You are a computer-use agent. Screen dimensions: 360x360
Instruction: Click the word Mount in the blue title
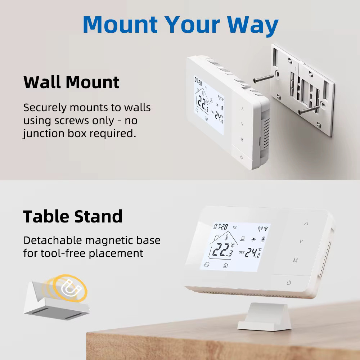click(120, 24)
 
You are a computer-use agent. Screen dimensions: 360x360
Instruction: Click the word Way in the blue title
click(253, 26)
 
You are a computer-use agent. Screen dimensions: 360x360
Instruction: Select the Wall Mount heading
click(71, 82)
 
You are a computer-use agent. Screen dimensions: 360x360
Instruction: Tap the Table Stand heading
click(73, 216)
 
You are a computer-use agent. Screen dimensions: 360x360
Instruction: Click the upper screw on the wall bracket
click(264, 78)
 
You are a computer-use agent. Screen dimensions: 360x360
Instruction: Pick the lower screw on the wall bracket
click(309, 110)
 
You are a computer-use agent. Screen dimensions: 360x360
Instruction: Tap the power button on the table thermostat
click(289, 283)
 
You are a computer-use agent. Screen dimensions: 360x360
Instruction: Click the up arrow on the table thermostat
click(306, 223)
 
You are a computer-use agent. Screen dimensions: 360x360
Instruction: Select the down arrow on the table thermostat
click(301, 241)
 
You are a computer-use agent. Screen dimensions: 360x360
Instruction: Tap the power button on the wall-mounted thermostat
click(241, 157)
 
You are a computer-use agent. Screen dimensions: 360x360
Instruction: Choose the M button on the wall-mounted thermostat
click(242, 139)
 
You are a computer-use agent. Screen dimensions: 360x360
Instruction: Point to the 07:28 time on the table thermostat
click(220, 227)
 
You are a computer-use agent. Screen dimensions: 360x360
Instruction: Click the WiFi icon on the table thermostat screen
click(266, 229)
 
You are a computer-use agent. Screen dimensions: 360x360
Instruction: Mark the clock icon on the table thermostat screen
click(207, 265)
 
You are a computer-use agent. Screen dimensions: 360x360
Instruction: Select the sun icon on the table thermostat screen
click(253, 239)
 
